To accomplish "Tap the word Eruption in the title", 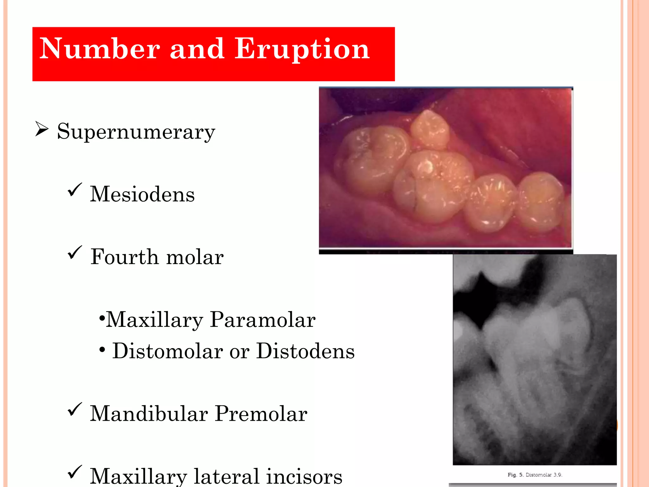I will [302, 49].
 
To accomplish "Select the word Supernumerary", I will [136, 132].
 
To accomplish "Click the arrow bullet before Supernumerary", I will [42, 129].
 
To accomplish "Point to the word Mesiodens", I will [142, 194].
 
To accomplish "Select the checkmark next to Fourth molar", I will [75, 252].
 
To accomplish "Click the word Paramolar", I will [262, 320].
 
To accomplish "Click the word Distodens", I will [305, 351].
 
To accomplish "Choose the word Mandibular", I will [149, 414].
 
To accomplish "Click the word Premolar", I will [261, 414].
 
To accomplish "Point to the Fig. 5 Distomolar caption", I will [535, 475].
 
